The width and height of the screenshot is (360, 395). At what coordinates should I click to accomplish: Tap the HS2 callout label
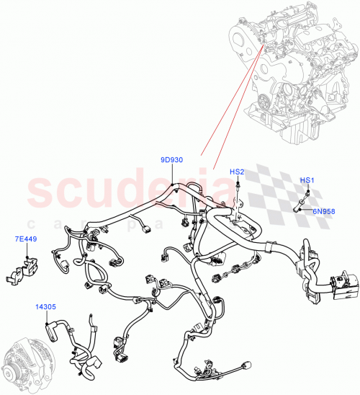237,172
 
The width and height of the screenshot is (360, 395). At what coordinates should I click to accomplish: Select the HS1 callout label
306,179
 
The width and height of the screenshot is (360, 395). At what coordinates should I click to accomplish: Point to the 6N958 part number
323,211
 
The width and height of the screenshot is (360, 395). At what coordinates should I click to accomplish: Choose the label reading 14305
45,306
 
